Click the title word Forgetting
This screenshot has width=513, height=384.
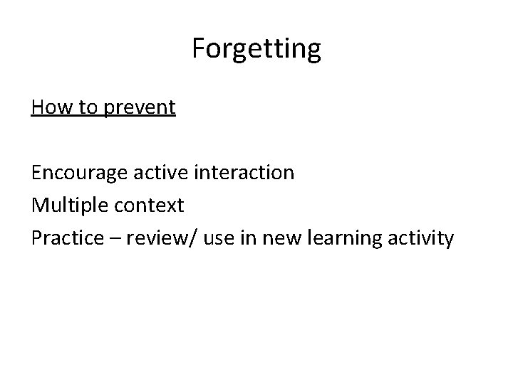click(x=256, y=49)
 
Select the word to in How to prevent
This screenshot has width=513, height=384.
click(x=81, y=108)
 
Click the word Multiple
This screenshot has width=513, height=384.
click(x=68, y=206)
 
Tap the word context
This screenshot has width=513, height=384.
click(x=148, y=206)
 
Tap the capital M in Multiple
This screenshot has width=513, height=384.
click(x=40, y=206)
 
